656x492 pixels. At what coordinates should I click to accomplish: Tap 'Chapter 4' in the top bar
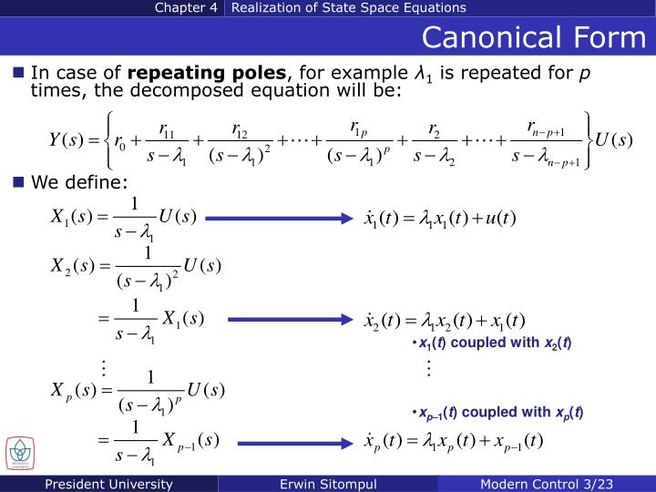pos(186,8)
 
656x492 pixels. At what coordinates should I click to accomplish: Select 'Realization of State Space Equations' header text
pos(349,8)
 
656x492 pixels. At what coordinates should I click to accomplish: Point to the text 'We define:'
pos(80,182)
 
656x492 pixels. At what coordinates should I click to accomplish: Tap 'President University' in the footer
pos(110,484)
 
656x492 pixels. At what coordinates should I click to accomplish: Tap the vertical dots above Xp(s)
pos(104,368)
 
